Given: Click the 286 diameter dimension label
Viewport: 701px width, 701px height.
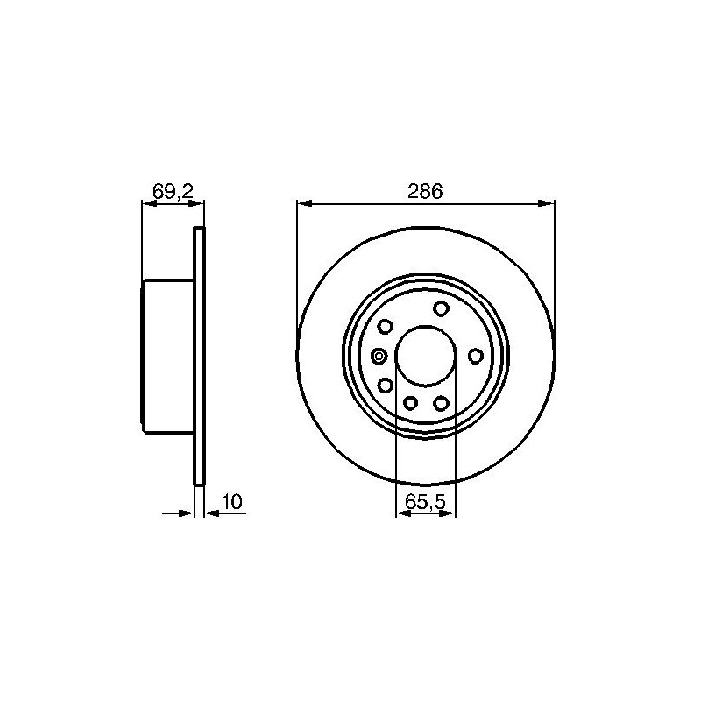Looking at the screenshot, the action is click(x=425, y=191).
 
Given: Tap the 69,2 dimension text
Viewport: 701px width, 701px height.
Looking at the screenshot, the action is click(x=173, y=192).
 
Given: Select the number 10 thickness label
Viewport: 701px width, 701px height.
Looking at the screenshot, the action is click(x=232, y=501).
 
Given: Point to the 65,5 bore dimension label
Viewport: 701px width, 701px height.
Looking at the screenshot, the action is click(x=426, y=502).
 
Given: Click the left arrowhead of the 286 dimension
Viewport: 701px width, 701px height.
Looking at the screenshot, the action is click(x=304, y=204).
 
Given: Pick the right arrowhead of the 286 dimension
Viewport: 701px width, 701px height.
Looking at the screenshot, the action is click(x=547, y=204).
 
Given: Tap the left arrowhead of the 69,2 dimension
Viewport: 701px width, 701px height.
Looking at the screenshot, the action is click(x=149, y=204).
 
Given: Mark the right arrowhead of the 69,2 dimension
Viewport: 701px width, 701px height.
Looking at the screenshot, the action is click(x=196, y=204).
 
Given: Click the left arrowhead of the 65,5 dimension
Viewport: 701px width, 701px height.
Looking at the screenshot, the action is click(x=404, y=513).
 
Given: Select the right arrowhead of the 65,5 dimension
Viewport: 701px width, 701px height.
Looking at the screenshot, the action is click(x=448, y=513).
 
